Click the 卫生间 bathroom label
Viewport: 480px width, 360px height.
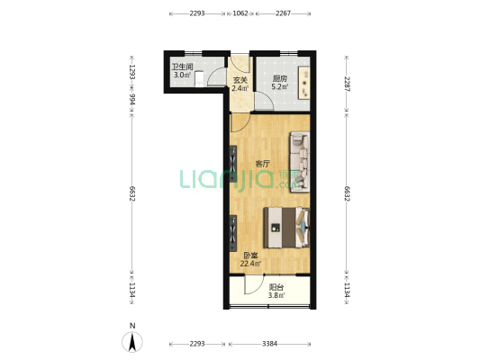point(183,67)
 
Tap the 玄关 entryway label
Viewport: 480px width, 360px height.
point(240,80)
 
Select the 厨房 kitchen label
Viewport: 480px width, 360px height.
point(280,78)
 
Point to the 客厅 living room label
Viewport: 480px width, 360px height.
point(263,164)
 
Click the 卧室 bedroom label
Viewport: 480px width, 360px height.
point(250,256)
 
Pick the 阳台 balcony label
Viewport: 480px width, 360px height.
point(276,287)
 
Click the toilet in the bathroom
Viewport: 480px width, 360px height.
point(199,79)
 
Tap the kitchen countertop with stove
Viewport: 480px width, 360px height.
point(304,83)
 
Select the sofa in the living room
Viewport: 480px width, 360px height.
point(300,162)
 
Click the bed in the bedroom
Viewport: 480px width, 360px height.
point(286,228)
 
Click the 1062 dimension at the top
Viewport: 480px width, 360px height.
point(240,13)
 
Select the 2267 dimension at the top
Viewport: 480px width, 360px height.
point(283,13)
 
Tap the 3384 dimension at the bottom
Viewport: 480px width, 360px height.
point(269,344)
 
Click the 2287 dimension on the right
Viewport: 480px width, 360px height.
point(347,84)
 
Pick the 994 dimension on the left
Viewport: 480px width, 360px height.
point(132,99)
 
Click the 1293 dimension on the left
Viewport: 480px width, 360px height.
point(132,72)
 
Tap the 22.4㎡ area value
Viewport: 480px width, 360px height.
point(250,264)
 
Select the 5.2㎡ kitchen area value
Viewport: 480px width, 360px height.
point(280,86)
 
